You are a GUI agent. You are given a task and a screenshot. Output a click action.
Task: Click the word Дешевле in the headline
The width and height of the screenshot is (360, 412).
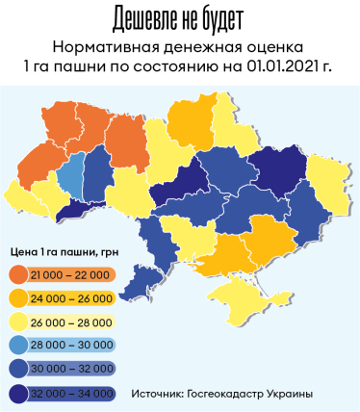click(143, 18)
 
